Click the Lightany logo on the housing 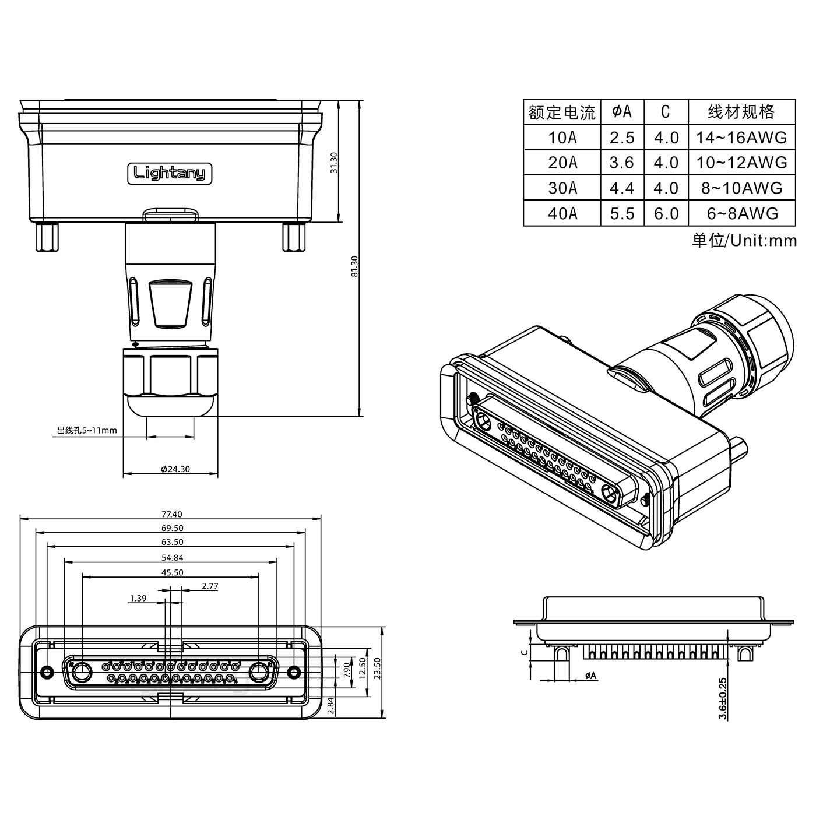pyautogui.click(x=170, y=173)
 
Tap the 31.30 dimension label pyautogui.click(x=334, y=163)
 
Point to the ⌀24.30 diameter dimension pyautogui.click(x=175, y=469)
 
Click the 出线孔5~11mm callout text pyautogui.click(x=87, y=431)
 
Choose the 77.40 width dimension pyautogui.click(x=171, y=514)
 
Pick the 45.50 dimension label pyautogui.click(x=171, y=572)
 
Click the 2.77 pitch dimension pyautogui.click(x=209, y=586)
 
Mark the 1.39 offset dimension pyautogui.click(x=138, y=598)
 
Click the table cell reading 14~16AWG pyautogui.click(x=741, y=138)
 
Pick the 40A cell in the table pyautogui.click(x=562, y=213)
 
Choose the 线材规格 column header pyautogui.click(x=741, y=111)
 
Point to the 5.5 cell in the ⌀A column pyautogui.click(x=622, y=213)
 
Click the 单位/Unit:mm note pyautogui.click(x=744, y=240)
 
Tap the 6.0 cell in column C pyautogui.click(x=666, y=213)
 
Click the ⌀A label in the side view pyautogui.click(x=590, y=676)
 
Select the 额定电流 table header pyautogui.click(x=562, y=111)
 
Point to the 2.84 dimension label pyautogui.click(x=331, y=706)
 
